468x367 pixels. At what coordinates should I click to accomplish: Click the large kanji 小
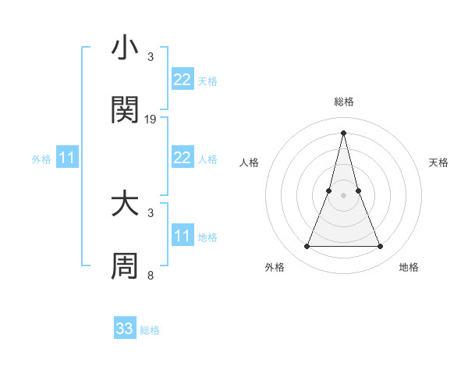coord(126,48)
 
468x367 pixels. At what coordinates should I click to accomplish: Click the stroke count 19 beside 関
coord(151,119)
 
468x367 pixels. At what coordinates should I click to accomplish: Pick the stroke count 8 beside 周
coord(151,275)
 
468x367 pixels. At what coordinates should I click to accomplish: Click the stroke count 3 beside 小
coord(151,57)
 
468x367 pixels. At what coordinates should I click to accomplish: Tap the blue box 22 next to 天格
coord(183,80)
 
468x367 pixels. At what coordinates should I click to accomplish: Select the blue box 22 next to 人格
coord(183,158)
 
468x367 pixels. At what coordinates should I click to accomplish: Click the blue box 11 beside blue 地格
coord(183,236)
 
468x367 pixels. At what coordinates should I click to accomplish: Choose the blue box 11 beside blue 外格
coord(67,158)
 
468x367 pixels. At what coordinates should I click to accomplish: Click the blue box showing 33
coord(125,329)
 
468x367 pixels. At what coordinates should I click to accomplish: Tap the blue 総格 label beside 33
coord(151,330)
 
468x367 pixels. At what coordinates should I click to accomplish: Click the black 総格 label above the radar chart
coord(344,102)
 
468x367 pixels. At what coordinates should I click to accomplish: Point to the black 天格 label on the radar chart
coord(439,162)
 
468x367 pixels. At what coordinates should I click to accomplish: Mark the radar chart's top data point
coord(344,131)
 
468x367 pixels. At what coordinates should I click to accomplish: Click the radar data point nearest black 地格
coord(381,247)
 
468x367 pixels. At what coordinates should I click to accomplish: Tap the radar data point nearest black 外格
coord(307,247)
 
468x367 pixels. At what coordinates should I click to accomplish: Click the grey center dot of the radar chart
coord(344,195)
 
